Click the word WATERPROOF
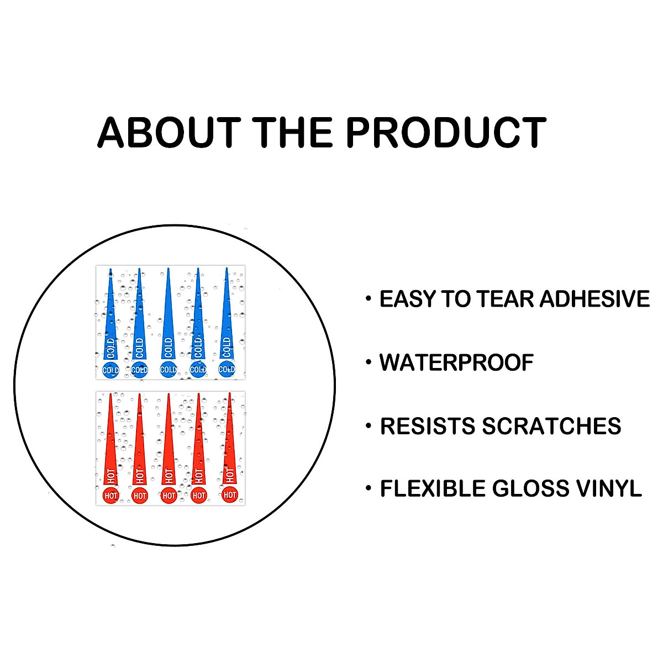click(x=456, y=362)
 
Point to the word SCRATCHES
click(x=551, y=426)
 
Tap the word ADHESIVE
click(x=594, y=298)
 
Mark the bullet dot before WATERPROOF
click(x=369, y=362)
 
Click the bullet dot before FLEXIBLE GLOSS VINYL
click(x=369, y=488)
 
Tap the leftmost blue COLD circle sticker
click(x=111, y=370)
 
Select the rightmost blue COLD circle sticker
click(x=227, y=370)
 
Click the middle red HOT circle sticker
click(x=169, y=496)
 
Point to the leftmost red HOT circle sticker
click(x=111, y=496)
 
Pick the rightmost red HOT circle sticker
click(x=229, y=494)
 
